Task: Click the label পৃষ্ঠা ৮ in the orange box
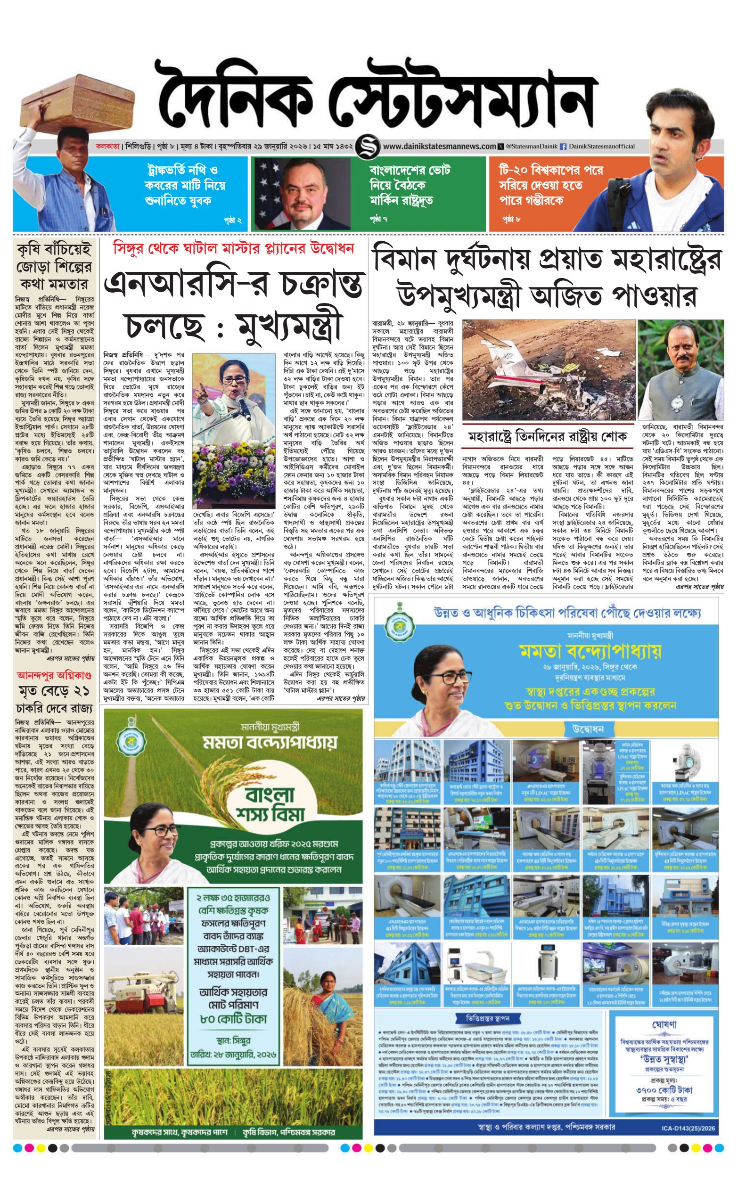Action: (511, 218)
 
